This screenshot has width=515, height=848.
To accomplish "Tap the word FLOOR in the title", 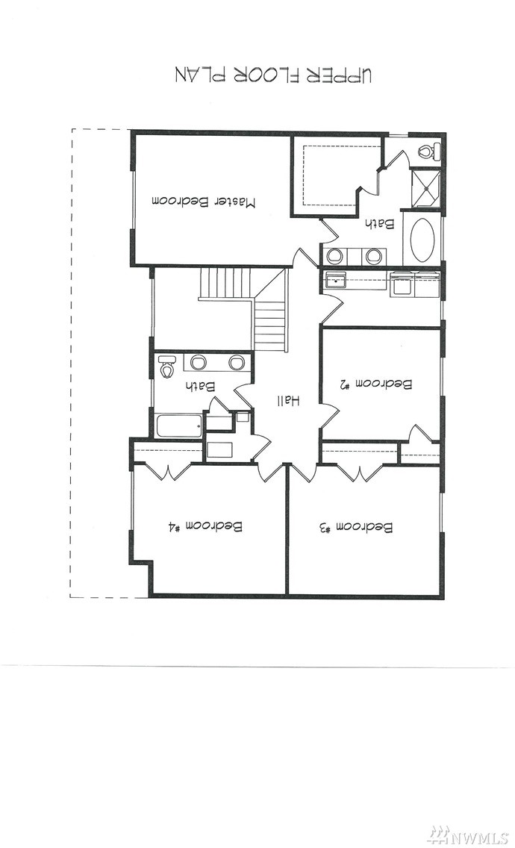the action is tap(268, 75).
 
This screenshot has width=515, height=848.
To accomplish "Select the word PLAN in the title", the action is tap(199, 75).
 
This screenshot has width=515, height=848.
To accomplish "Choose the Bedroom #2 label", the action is tap(376, 384).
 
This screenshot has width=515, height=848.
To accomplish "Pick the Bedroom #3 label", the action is tap(357, 527).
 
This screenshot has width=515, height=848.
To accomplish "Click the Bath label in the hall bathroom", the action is tap(199, 386).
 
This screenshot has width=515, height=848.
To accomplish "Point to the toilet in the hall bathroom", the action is tap(166, 366).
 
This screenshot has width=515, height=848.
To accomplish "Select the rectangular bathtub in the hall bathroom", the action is tap(179, 425).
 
